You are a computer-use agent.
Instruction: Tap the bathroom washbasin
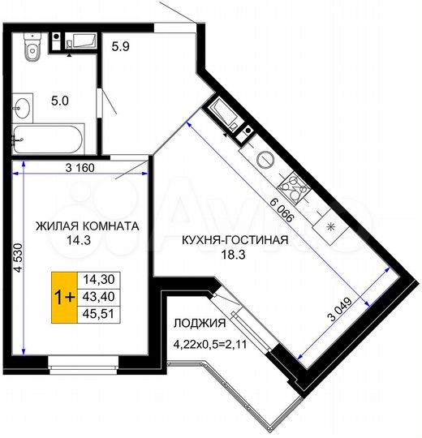click(23, 108)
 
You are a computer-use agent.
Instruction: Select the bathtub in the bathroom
click(49, 140)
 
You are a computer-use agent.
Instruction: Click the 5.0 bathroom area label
click(60, 101)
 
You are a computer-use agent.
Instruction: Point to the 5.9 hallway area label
click(120, 46)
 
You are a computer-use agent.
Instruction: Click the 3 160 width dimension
click(80, 168)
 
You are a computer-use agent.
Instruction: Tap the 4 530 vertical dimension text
click(19, 258)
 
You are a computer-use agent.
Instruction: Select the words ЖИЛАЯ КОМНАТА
click(88, 226)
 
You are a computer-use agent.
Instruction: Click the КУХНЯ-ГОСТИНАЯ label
click(235, 240)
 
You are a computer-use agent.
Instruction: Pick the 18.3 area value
click(233, 255)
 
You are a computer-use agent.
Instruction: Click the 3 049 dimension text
click(340, 309)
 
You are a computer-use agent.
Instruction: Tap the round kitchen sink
click(265, 160)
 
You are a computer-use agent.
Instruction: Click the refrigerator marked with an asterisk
click(330, 226)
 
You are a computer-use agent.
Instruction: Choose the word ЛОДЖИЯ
click(200, 323)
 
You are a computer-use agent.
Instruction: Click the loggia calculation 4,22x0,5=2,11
click(210, 344)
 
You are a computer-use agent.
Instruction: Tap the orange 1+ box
click(65, 297)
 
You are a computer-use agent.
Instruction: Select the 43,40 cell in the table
click(99, 297)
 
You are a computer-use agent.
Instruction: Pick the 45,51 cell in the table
click(99, 314)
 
